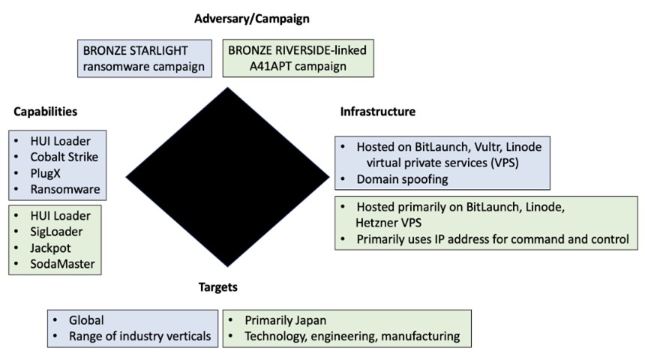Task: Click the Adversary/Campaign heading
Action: pos(251,18)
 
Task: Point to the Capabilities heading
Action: pos(45,112)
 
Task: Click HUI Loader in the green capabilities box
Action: pos(60,215)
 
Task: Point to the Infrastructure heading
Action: pos(377,112)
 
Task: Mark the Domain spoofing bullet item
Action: pos(403,179)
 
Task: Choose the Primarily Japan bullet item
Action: pos(285,319)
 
